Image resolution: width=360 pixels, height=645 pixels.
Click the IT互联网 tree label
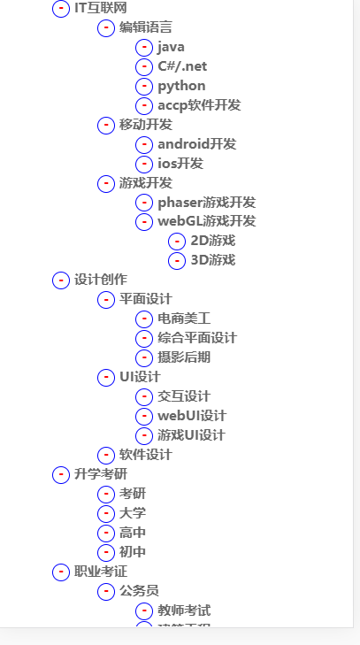95,8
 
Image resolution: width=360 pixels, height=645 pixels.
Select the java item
172,47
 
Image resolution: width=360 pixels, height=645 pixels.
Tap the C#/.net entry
182,66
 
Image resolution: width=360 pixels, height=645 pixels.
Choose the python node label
181,86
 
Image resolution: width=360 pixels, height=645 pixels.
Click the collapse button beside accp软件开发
144,105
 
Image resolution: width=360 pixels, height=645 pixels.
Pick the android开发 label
196,144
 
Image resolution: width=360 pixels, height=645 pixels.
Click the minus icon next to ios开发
144,164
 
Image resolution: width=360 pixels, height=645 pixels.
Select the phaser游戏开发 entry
206,203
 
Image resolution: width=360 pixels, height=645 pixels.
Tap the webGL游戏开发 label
206,221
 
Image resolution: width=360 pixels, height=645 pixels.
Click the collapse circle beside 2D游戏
177,241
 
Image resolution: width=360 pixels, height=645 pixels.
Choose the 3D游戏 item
212,260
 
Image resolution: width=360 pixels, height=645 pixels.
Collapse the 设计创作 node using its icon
61,280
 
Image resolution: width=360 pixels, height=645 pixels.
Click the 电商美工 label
184,319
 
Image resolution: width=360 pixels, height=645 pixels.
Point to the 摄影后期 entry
184,357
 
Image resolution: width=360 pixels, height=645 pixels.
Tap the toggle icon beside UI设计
106,377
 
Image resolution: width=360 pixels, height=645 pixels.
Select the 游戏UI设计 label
191,435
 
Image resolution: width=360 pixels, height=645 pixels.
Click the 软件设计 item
146,455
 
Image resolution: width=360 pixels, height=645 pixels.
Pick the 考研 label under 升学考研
133,494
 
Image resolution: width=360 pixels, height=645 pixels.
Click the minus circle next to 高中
106,533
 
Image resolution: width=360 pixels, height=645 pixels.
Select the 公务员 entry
140,591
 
